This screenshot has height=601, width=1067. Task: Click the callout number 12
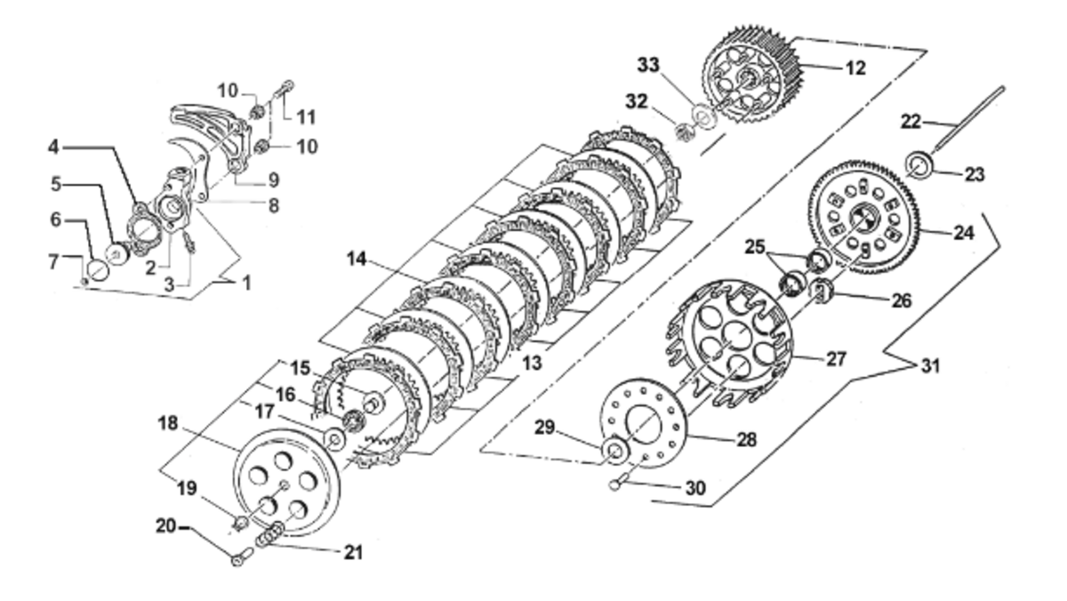coord(855,68)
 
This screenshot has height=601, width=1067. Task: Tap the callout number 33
coord(649,65)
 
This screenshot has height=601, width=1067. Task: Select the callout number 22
coord(911,122)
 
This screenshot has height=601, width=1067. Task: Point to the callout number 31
coord(930,366)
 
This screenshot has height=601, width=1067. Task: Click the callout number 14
coord(357,259)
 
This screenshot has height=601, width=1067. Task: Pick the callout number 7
coord(54,261)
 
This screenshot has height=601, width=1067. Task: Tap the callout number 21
coord(353,552)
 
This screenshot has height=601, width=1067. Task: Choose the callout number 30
coord(695,488)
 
